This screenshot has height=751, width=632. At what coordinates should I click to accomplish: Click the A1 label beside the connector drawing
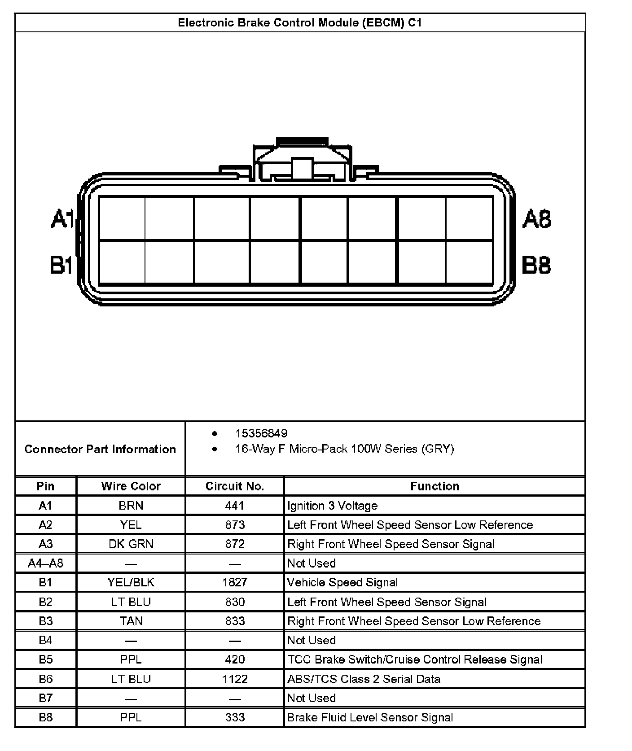click(62, 219)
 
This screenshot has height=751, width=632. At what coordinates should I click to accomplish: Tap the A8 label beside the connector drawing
click(536, 219)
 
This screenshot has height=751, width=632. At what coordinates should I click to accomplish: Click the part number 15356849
click(261, 433)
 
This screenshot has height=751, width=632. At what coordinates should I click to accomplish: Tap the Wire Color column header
click(131, 486)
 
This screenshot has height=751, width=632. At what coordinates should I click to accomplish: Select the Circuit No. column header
click(235, 486)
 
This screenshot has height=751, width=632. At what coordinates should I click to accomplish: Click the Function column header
click(434, 486)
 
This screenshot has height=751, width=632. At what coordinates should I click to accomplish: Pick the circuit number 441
click(235, 506)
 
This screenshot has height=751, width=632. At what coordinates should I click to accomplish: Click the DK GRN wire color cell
click(131, 544)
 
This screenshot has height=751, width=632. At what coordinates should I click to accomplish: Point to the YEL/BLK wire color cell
click(131, 582)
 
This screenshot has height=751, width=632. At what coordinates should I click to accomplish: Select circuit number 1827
click(235, 582)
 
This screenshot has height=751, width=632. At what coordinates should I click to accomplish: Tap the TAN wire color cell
click(131, 621)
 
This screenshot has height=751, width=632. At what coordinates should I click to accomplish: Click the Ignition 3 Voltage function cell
click(332, 506)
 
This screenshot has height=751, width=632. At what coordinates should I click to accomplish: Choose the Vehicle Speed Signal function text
click(342, 582)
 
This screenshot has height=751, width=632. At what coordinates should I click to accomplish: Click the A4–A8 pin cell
click(46, 563)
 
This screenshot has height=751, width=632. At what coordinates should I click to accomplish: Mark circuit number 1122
click(235, 679)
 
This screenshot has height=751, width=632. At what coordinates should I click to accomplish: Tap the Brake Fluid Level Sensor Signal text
click(370, 717)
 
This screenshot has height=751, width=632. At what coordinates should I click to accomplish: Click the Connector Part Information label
click(100, 449)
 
